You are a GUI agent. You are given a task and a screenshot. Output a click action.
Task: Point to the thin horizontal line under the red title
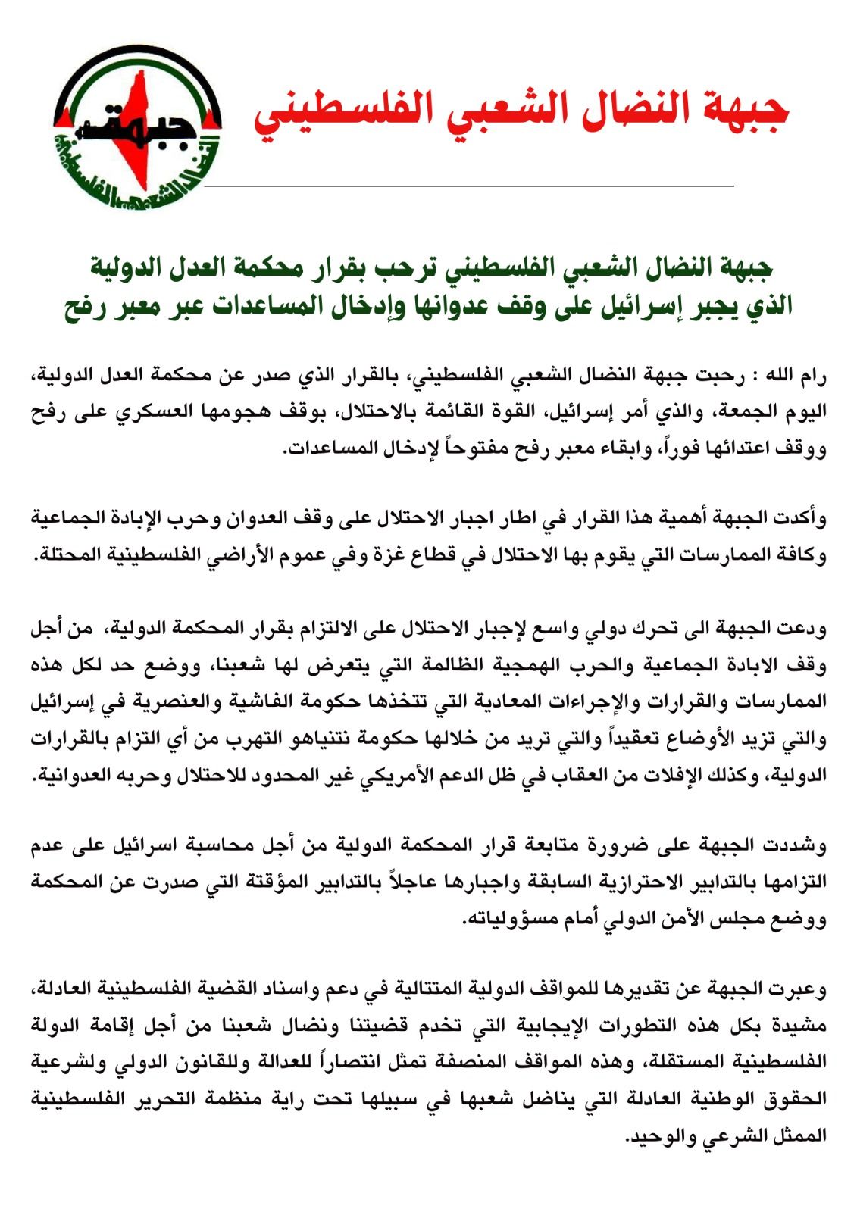(470, 185)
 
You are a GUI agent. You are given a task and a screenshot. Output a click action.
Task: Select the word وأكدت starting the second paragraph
(803, 520)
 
